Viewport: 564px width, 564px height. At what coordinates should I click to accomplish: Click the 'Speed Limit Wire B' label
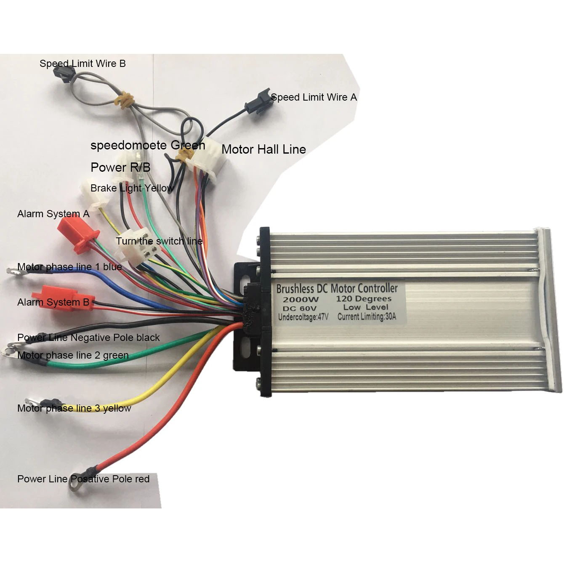coord(82,64)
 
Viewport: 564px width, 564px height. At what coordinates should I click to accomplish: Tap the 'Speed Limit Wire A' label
coord(314,97)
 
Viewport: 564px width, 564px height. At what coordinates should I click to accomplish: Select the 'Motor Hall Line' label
coord(263,149)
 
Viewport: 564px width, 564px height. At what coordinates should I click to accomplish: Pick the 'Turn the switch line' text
coord(159,241)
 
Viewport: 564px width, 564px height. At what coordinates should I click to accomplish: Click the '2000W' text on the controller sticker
coord(301,300)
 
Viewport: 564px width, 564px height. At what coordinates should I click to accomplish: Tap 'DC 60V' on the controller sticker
coord(299,309)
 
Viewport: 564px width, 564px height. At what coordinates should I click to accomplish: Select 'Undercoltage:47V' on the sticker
coord(303,317)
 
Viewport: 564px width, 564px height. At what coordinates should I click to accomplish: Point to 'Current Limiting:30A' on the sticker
coord(367,317)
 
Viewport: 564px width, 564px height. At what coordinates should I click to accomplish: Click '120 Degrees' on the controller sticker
coord(364,299)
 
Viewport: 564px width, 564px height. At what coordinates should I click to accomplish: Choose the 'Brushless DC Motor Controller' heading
coord(337,289)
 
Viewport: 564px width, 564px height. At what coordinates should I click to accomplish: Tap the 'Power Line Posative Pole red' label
coord(83,479)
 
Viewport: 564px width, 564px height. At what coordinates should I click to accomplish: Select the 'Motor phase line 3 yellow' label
coord(74,408)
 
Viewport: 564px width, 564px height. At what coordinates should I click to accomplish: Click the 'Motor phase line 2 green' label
coord(73,355)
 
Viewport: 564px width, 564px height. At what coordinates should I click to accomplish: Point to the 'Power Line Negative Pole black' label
coord(88,338)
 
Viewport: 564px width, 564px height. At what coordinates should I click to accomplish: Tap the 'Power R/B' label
coord(120,168)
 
